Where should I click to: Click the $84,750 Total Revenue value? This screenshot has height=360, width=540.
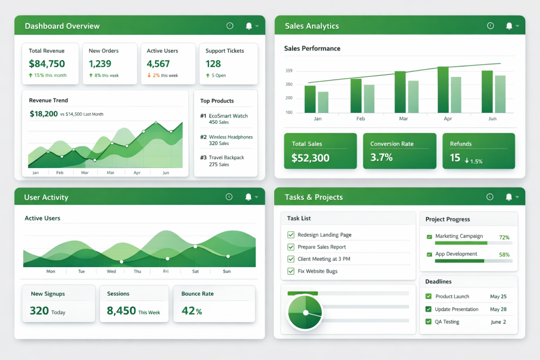[x=47, y=64]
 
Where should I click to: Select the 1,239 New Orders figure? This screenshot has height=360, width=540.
[x=100, y=64]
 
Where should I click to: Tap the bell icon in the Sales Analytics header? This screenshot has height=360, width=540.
[x=509, y=26]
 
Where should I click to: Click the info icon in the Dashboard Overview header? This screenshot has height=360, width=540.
[x=229, y=26]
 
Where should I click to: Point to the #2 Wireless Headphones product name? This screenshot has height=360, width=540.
[x=230, y=137]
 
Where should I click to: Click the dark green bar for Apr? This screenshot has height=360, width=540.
[x=443, y=90]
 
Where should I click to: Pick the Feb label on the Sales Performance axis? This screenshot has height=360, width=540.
[x=361, y=119]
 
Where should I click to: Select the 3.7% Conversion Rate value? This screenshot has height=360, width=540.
[x=381, y=157]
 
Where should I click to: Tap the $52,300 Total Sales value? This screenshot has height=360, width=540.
[x=311, y=158]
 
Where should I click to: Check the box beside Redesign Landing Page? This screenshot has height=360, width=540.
[x=291, y=235]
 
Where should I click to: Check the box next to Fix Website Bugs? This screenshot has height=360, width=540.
[x=291, y=271]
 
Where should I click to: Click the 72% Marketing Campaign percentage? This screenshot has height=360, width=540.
[x=504, y=238]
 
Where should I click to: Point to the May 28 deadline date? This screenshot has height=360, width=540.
[x=498, y=309]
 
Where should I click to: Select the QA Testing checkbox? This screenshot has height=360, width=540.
[x=428, y=322]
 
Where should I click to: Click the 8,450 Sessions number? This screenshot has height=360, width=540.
[x=121, y=311]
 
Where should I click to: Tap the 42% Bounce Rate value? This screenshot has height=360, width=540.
[x=191, y=311]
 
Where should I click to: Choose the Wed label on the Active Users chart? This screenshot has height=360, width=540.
[x=111, y=271]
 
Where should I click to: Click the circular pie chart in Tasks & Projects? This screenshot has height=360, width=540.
[x=305, y=313]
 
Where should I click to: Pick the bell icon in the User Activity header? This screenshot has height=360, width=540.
[x=248, y=197]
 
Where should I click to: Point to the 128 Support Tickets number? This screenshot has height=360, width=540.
[x=213, y=64]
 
